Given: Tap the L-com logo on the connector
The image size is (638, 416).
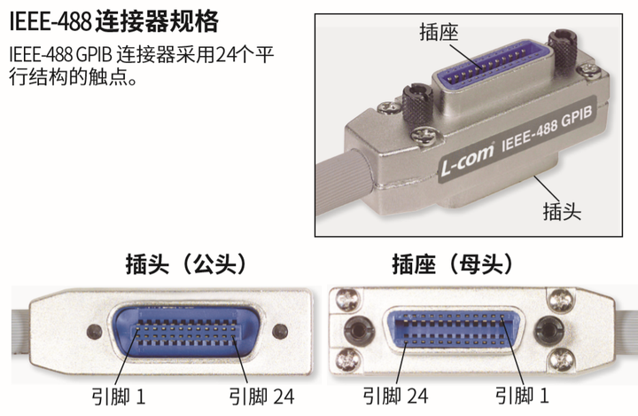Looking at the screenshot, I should [x=469, y=162].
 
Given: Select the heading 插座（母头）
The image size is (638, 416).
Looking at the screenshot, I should [x=453, y=263].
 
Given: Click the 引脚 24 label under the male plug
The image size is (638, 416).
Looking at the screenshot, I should [x=261, y=396].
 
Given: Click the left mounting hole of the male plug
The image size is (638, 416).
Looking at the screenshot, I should [x=94, y=332].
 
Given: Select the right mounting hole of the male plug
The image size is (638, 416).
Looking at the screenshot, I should [x=280, y=332].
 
